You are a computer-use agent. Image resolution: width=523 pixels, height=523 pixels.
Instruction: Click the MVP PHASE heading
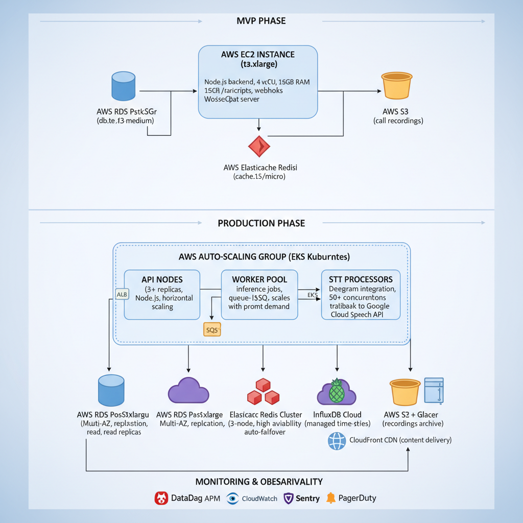click(261, 21)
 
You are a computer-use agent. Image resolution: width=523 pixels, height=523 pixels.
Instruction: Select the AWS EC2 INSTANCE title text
click(257, 55)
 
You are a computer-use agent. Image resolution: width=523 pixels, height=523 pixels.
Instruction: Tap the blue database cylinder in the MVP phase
click(123, 86)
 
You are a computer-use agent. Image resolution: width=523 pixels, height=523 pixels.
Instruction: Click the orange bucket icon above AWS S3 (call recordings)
click(396, 85)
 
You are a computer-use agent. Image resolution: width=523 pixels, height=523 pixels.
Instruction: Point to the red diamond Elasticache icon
click(259, 146)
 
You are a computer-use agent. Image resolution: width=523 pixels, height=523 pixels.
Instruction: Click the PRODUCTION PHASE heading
click(261, 223)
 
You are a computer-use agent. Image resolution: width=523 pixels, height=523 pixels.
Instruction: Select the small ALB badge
click(122, 294)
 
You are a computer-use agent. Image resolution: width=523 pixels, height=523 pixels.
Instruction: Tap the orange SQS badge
click(212, 330)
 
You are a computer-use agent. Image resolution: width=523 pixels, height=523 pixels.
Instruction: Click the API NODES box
click(162, 294)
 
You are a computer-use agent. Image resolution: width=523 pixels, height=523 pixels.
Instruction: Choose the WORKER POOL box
click(259, 294)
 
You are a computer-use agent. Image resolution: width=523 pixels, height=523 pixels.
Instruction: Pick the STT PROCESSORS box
click(361, 294)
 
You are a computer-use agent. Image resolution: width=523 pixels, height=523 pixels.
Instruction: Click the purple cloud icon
click(188, 391)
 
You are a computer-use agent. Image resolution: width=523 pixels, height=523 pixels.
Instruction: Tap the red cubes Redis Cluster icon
click(263, 392)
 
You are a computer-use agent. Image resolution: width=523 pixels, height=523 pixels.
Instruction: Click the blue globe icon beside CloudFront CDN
click(337, 441)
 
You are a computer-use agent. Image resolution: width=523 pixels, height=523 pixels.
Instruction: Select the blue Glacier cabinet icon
click(434, 391)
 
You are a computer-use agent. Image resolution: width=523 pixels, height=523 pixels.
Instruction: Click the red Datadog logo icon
click(161, 498)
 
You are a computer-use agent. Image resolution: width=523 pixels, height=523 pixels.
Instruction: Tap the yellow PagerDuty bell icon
click(331, 498)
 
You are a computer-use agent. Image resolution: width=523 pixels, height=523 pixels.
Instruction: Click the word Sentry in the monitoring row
click(307, 498)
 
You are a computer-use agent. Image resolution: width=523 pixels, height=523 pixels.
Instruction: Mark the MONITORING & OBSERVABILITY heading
click(259, 482)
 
